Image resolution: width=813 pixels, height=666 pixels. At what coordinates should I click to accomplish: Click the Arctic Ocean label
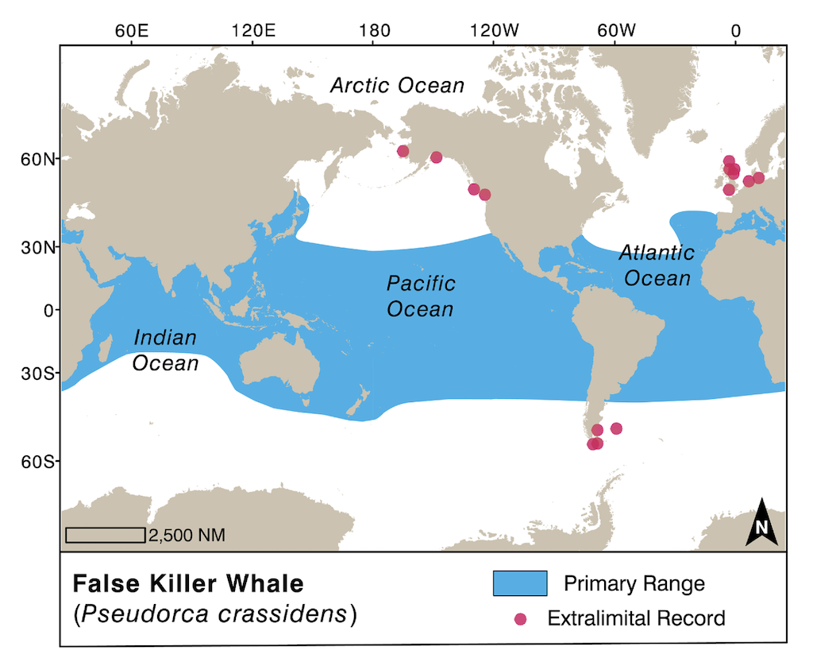pyautogui.click(x=397, y=85)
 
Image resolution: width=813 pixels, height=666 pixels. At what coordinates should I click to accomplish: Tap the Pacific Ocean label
pyautogui.click(x=420, y=296)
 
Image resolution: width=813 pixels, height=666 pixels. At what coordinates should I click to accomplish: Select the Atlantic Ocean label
pyautogui.click(x=656, y=265)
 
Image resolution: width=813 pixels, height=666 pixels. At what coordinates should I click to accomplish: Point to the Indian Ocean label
pyautogui.click(x=165, y=350)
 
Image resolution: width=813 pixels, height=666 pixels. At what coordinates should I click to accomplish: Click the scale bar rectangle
pyautogui.click(x=105, y=535)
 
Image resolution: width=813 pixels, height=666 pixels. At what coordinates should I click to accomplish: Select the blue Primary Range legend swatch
pyautogui.click(x=520, y=583)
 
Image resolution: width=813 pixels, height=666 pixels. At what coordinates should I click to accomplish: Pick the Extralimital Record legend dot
pyautogui.click(x=521, y=618)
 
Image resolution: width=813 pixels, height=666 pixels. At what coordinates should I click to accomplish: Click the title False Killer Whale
pyautogui.click(x=188, y=584)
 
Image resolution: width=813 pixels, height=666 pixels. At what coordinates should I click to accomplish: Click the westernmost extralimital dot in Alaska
pyautogui.click(x=403, y=151)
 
